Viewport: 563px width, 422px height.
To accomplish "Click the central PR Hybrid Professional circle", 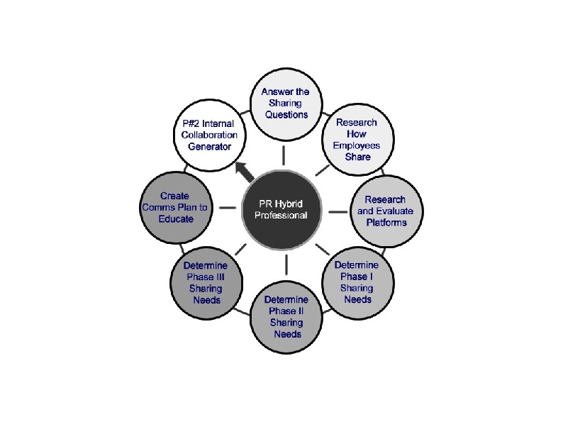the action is click(x=284, y=209).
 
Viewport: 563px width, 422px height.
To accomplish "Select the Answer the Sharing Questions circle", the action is click(x=284, y=104).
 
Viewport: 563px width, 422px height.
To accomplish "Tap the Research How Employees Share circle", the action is click(x=357, y=139).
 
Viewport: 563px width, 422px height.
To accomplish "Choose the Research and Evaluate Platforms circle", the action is click(x=386, y=211).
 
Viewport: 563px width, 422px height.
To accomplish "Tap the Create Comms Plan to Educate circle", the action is click(x=174, y=207).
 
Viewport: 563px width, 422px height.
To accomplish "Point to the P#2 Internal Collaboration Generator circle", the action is click(x=206, y=135).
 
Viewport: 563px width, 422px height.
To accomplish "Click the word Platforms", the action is click(x=386, y=222).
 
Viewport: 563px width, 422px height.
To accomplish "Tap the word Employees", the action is click(x=357, y=145).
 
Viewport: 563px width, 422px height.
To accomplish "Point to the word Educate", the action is click(x=174, y=219).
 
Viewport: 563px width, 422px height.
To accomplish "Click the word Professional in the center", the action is click(x=284, y=216).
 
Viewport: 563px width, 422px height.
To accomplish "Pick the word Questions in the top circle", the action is click(x=284, y=114).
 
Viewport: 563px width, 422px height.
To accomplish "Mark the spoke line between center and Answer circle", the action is click(x=284, y=153).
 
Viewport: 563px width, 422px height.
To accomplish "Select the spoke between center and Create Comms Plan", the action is click(x=228, y=209).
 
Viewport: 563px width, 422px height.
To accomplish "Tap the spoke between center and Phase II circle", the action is click(x=286, y=263).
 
